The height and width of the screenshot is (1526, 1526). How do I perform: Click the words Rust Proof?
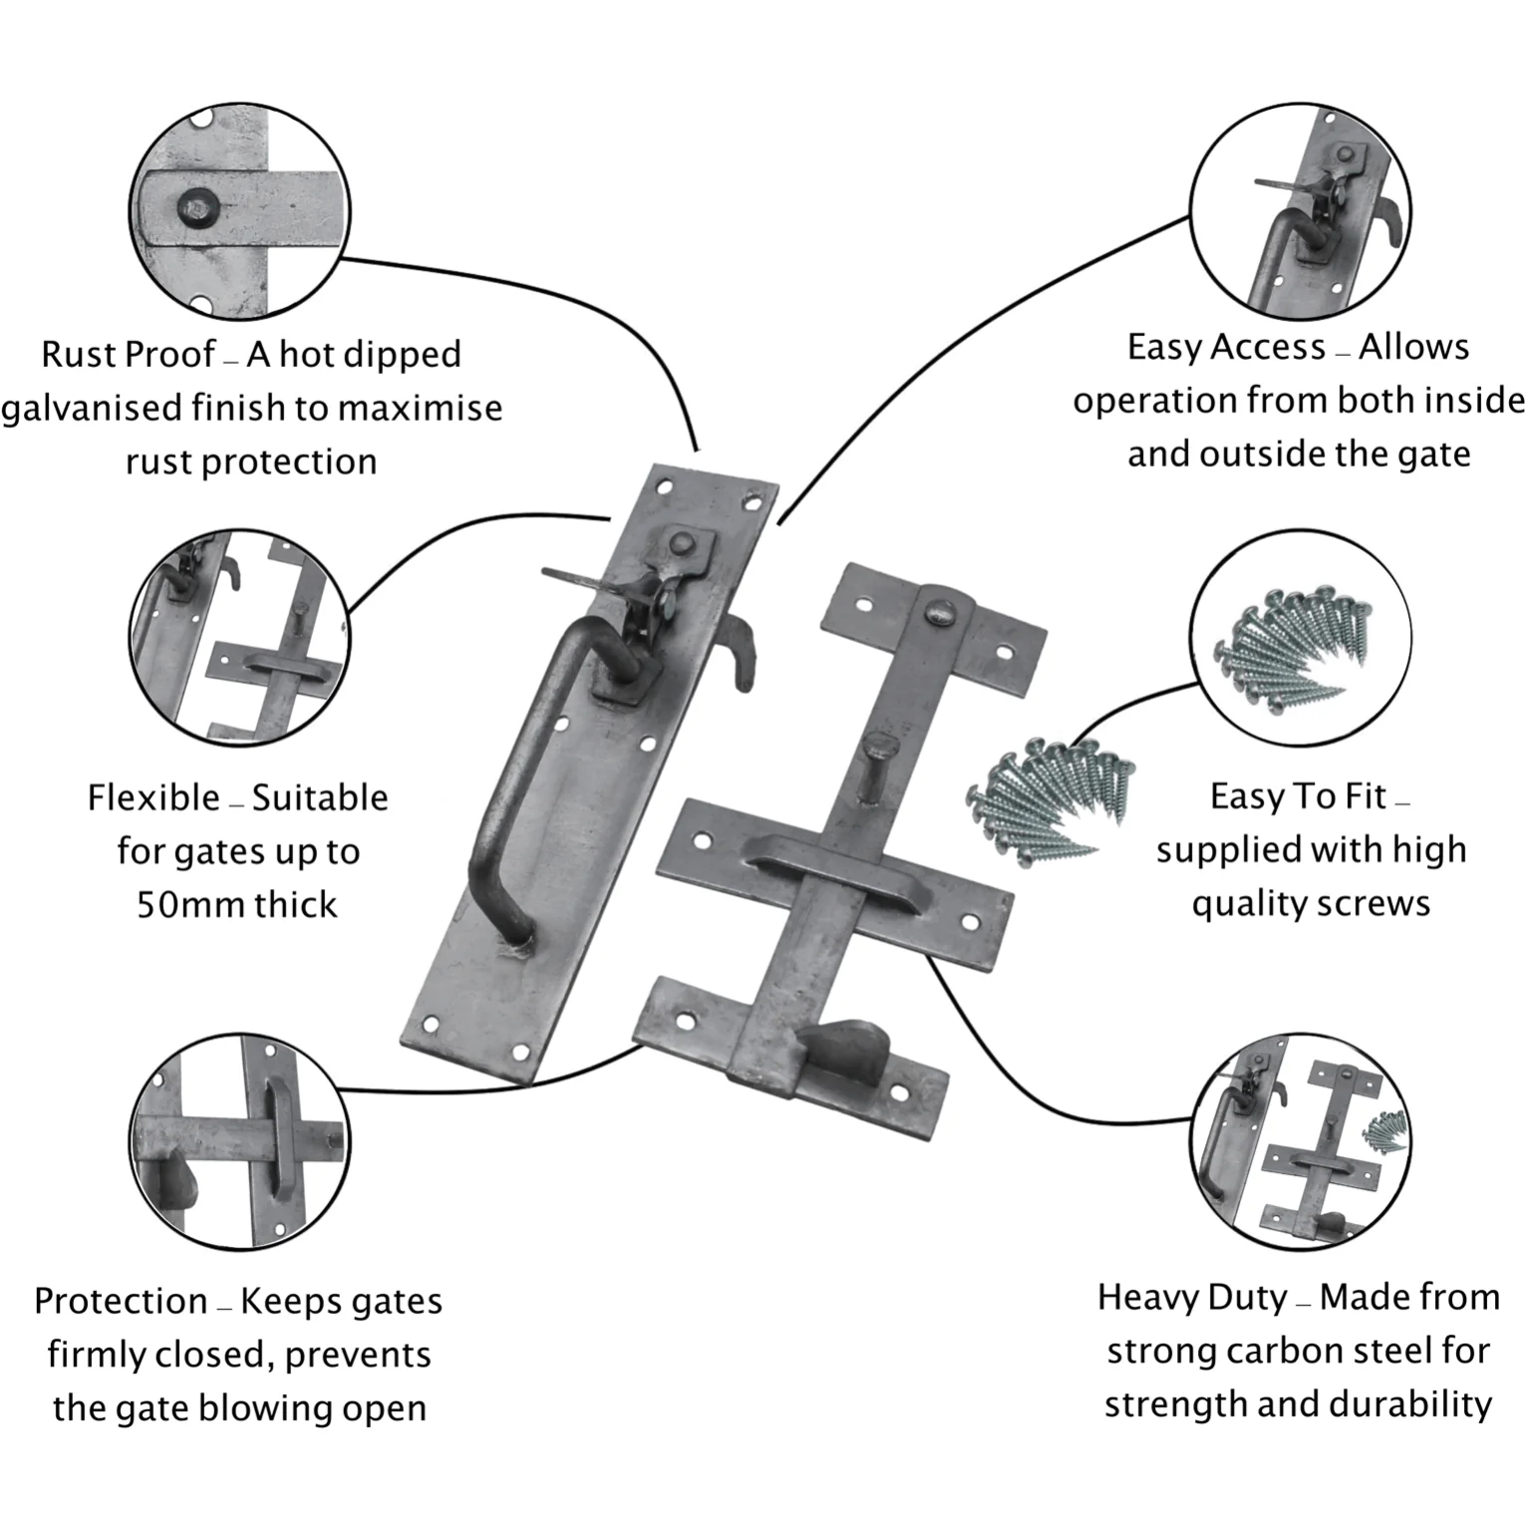coord(128,355)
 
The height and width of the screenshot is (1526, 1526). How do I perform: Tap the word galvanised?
coord(91,409)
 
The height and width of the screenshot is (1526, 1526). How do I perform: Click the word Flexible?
coord(153,797)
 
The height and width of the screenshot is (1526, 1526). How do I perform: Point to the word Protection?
coord(121,1301)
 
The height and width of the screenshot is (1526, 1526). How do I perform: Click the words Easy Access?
coord(1226,347)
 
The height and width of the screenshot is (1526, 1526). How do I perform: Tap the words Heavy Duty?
coord(1192,1298)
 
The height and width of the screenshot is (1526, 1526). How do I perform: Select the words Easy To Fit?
coord(1298,796)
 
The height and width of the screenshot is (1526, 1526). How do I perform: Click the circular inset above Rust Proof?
coord(239,212)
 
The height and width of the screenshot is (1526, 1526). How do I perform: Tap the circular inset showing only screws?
coord(1300,639)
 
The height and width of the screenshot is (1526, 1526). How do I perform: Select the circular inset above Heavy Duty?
coord(1300,1142)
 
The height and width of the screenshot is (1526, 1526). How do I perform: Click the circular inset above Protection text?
coord(239,1142)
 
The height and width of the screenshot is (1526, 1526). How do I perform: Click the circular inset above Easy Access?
coord(1300,212)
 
